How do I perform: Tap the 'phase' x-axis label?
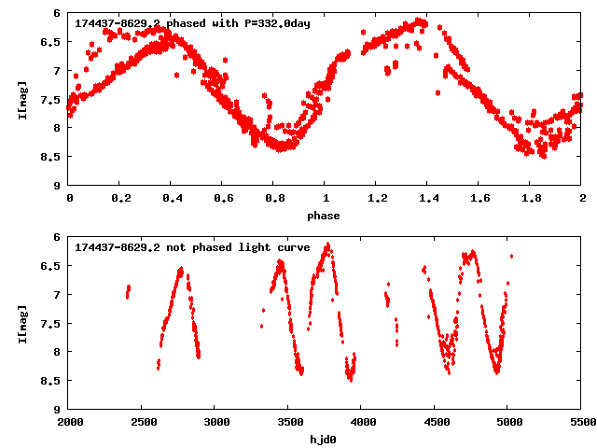tap(326, 216)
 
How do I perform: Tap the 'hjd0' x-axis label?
tap(326, 439)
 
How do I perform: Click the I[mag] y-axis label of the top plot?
tap(24, 99)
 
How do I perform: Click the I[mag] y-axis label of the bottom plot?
tap(24, 323)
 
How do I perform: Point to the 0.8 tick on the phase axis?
tap(274, 200)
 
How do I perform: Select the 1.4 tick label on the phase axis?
tap(428, 200)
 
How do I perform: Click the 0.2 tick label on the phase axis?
tap(120, 200)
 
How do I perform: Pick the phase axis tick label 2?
tap(582, 200)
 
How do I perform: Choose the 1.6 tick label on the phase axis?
tap(479, 200)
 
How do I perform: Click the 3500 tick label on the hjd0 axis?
tap(289, 424)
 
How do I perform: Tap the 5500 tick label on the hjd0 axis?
tap(582, 424)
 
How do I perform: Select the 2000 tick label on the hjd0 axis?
tap(70, 424)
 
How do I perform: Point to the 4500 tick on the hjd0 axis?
tap(436, 424)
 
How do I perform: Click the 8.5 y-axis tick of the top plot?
tap(54, 157)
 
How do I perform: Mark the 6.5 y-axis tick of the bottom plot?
tap(54, 266)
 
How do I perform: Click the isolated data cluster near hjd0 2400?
tap(128, 292)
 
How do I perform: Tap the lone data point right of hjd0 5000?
tap(511, 256)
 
